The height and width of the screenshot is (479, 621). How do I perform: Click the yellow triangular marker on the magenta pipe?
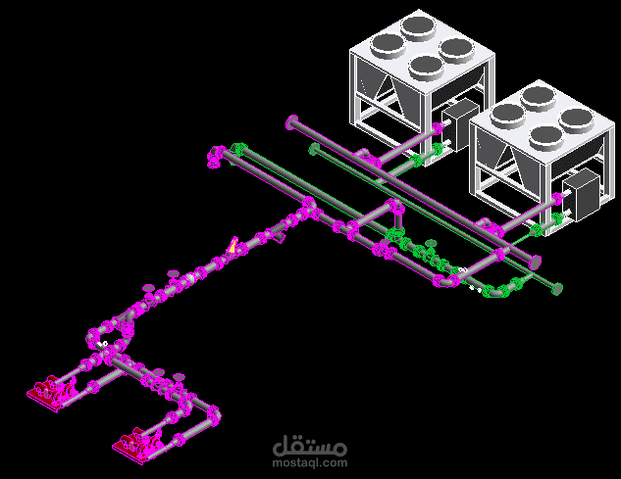[x=233, y=246]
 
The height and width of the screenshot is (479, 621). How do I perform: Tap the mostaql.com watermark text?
[x=310, y=462]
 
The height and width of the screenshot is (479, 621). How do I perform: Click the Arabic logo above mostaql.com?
[x=310, y=446]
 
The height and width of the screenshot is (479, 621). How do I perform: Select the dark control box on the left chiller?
[x=461, y=124]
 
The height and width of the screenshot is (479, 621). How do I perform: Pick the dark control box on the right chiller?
[x=582, y=194]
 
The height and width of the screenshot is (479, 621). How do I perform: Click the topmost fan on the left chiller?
[x=418, y=28]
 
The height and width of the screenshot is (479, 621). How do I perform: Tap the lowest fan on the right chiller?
[x=547, y=137]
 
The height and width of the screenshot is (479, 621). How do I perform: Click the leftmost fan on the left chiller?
[x=388, y=45]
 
